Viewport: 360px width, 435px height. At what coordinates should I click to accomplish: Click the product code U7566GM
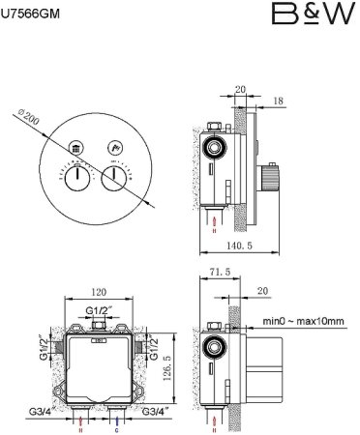[30, 14]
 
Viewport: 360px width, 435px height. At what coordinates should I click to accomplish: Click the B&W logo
[314, 14]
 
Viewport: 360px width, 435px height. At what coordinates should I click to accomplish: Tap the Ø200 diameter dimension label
[28, 117]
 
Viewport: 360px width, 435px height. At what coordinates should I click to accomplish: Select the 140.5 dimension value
[239, 246]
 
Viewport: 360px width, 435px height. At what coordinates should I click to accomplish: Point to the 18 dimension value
[278, 101]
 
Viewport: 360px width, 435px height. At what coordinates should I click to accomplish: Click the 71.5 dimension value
[220, 272]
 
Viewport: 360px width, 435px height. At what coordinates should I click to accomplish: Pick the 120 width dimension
[99, 292]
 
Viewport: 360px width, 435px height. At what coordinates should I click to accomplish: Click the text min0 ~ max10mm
[303, 321]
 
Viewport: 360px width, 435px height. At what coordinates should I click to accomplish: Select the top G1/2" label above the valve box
[99, 310]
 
